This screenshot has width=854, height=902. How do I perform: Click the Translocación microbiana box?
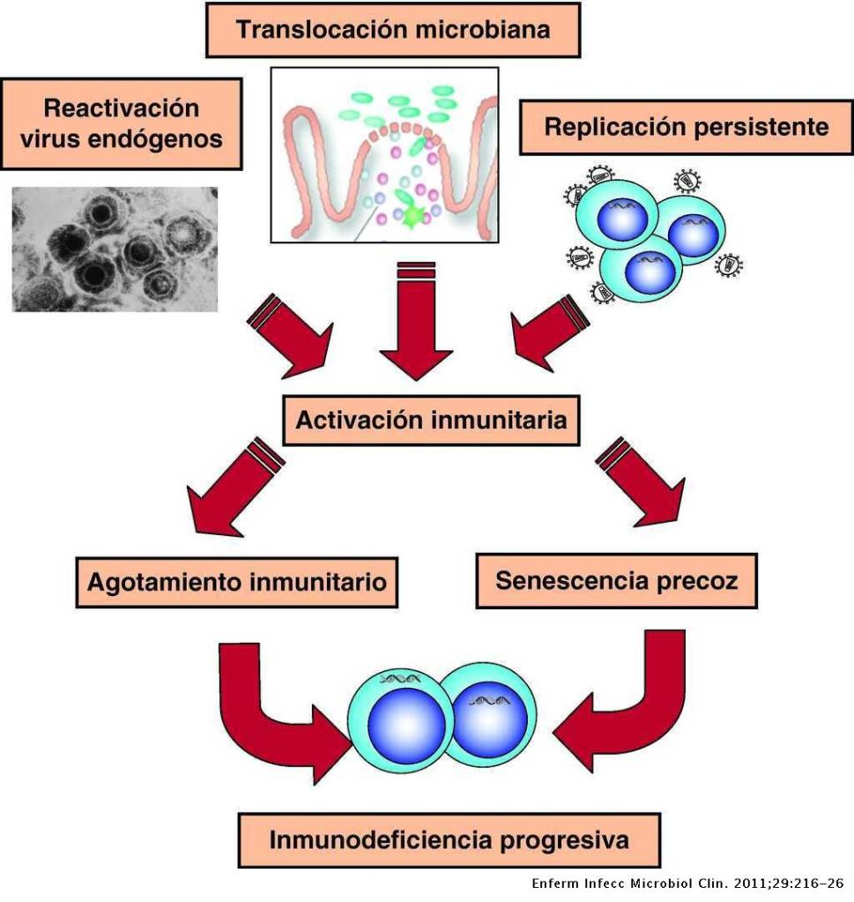pos(393,30)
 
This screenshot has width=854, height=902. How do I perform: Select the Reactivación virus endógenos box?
pos(122,123)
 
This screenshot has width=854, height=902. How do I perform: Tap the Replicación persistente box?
pos(686,126)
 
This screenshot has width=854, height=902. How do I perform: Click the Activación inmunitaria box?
pos(430,420)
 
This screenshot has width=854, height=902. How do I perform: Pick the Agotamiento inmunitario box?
pos(237,582)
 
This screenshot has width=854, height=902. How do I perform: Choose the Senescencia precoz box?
pos(616,581)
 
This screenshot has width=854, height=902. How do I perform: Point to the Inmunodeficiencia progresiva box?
pos(449,839)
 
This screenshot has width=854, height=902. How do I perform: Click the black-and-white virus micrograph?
pos(115,249)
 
